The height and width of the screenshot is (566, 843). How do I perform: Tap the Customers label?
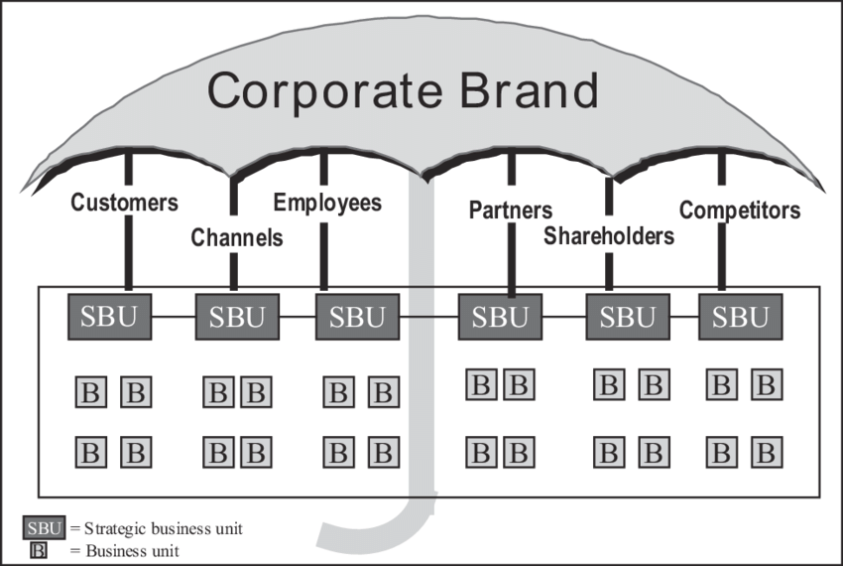[124, 204]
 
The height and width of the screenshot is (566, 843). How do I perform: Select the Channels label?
[237, 238]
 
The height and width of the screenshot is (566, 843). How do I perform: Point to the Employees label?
[327, 204]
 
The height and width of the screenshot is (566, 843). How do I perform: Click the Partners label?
[511, 211]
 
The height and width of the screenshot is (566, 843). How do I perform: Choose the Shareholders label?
[609, 236]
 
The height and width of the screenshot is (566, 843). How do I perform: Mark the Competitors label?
[739, 211]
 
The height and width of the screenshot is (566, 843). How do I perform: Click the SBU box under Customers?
[109, 317]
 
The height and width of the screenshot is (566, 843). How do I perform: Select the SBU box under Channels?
[238, 318]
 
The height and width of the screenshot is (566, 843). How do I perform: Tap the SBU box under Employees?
[357, 318]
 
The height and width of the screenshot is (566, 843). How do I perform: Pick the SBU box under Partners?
[500, 318]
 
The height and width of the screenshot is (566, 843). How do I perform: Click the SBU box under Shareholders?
[628, 318]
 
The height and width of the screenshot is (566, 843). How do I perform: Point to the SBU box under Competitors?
[741, 318]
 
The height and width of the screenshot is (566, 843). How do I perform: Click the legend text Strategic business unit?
[164, 529]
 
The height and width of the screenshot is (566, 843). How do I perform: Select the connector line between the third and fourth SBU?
[428, 318]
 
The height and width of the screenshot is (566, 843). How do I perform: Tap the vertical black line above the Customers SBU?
[128, 248]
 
